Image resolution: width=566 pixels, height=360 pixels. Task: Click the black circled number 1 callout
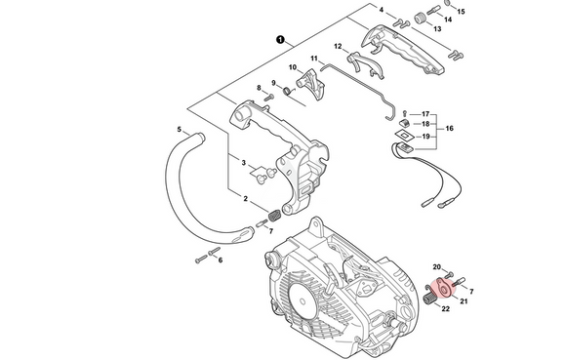(280, 40)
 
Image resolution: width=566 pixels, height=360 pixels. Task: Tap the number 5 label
(180, 130)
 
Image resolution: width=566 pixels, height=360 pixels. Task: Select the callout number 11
(314, 59)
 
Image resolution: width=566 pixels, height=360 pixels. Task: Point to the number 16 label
(450, 129)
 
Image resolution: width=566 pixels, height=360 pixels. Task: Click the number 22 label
(445, 308)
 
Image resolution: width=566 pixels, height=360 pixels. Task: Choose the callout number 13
(437, 29)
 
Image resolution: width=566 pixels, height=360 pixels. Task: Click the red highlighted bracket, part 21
(441, 288)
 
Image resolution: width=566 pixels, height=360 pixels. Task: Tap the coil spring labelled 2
(275, 218)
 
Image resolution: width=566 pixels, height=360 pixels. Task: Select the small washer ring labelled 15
(447, 3)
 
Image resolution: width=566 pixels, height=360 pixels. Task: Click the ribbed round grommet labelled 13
(420, 18)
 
